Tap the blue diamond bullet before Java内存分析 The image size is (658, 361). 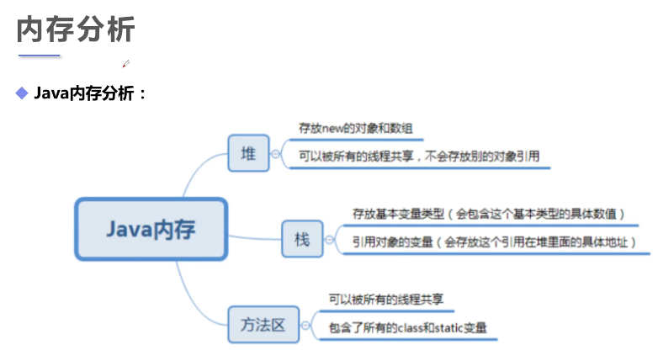[x=22, y=92]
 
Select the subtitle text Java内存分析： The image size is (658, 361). [x=90, y=93]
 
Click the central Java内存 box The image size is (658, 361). [x=151, y=229]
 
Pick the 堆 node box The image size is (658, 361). [x=249, y=153]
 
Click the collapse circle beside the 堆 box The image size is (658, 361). [x=275, y=154]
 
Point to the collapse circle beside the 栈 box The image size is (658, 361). [x=328, y=240]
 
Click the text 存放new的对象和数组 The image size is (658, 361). [x=355, y=129]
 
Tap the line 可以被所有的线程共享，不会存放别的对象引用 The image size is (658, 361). [x=418, y=156]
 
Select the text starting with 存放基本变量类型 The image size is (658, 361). [x=487, y=215]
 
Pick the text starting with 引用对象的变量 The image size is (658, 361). [x=493, y=242]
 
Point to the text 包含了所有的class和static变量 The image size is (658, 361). [x=407, y=327]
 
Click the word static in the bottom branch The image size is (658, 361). [x=450, y=327]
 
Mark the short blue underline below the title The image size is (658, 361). [x=40, y=56]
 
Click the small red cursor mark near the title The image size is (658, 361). [x=125, y=62]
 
